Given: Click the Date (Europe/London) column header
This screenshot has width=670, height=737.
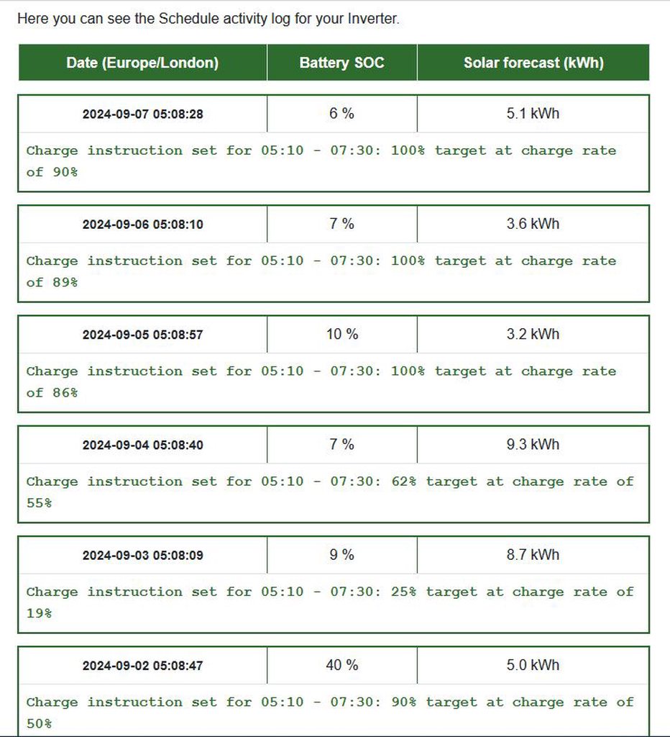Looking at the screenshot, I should [142, 63].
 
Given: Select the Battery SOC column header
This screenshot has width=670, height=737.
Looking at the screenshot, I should [341, 63].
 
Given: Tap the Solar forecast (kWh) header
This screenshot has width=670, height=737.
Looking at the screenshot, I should [533, 63].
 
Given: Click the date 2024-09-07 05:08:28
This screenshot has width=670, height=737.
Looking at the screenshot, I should [142, 114].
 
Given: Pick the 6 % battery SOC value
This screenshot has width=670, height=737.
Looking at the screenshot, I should [341, 114].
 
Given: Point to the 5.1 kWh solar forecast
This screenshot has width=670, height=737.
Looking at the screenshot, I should [533, 114].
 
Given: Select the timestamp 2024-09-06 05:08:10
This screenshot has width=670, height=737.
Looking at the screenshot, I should [142, 225].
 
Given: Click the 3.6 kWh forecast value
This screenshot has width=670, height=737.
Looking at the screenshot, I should [533, 224].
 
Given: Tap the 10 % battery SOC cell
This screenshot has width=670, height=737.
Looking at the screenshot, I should [341, 335].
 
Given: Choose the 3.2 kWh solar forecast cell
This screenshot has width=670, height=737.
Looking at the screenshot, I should [533, 335].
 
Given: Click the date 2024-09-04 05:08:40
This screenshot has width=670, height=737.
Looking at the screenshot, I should [142, 446].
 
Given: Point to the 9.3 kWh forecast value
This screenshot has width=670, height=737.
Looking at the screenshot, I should [533, 445].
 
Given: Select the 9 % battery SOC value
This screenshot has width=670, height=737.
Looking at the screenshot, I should [341, 555].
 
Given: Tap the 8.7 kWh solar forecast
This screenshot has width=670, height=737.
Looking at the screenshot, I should [533, 555].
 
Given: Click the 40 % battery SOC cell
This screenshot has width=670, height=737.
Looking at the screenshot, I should [341, 665].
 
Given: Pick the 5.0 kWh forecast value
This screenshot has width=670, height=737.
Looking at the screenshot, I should [533, 665].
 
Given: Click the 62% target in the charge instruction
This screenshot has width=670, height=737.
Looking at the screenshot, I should [403, 481].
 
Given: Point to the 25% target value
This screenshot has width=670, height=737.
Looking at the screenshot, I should [403, 592].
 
